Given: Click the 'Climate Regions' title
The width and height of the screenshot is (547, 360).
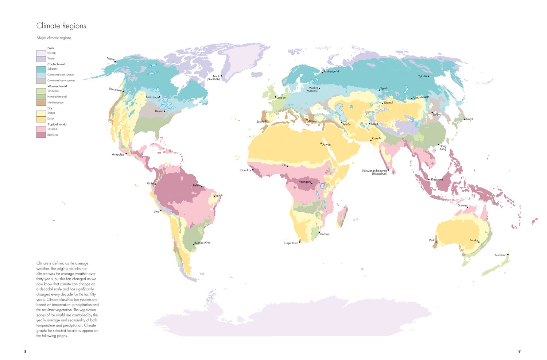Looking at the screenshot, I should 61,26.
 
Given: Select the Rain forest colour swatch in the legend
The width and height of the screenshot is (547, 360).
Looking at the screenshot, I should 41,135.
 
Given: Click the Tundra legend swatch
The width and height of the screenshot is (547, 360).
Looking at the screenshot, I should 41,59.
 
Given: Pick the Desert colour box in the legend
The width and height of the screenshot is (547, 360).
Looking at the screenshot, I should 41,119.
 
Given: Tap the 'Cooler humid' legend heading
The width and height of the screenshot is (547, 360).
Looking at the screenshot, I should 56,64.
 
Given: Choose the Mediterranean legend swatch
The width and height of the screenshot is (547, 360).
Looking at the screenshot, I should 41,103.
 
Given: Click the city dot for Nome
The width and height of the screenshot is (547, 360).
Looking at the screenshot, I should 115,62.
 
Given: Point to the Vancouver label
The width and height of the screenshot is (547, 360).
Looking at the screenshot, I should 115,89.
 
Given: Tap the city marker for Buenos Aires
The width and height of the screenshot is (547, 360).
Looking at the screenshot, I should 194,245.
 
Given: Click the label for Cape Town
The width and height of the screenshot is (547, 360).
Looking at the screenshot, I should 291,243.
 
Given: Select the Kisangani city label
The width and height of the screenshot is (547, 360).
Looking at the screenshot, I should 304,182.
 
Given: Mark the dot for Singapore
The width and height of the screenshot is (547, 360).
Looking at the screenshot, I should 429,179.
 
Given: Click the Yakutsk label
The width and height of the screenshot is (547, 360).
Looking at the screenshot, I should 422,76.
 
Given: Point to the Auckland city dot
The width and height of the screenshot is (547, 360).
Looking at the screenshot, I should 508,255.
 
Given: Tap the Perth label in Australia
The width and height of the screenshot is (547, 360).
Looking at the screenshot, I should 432,240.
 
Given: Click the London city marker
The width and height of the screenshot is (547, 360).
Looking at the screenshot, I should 275,97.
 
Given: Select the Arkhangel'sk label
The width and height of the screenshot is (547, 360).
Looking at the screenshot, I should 332,71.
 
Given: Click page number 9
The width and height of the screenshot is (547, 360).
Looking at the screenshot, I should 519,352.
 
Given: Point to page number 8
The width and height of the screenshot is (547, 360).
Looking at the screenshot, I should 25,352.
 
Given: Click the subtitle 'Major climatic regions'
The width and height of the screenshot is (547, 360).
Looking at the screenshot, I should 54,38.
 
